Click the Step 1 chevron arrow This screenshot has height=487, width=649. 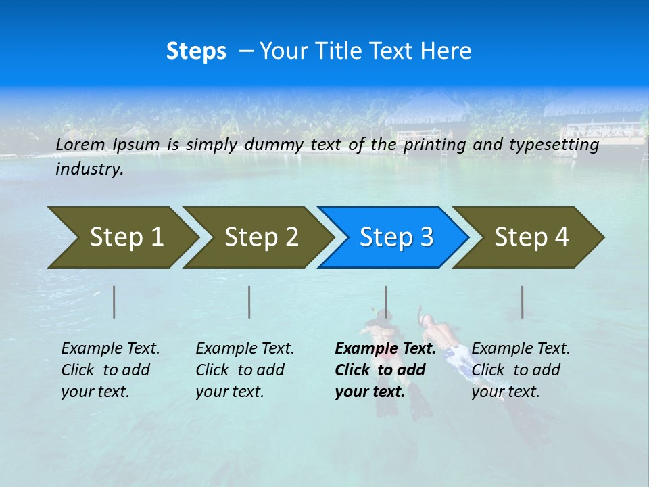(126, 237)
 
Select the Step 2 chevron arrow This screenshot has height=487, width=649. (261, 237)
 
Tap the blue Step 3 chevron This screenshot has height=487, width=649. (396, 237)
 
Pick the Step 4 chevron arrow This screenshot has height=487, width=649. (531, 237)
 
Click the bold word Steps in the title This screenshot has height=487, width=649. (196, 51)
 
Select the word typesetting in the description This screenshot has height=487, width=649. (554, 145)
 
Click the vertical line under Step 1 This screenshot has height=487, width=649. (114, 302)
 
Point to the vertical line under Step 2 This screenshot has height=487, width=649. (249, 302)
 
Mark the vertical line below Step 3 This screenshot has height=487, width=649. (385, 302)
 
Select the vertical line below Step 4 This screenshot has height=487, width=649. (522, 302)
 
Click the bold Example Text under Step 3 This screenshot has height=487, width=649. (385, 349)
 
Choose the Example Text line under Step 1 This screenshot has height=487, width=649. (110, 349)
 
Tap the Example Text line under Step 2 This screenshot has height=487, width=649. (245, 349)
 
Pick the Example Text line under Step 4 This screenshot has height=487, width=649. (521, 349)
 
